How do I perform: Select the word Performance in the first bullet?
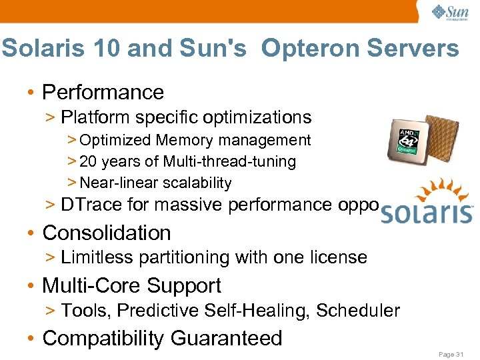(x=103, y=92)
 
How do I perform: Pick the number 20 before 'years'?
(x=88, y=161)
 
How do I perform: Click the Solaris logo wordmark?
(x=427, y=213)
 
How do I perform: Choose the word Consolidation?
(x=107, y=233)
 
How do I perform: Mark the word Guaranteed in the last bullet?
(x=227, y=338)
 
